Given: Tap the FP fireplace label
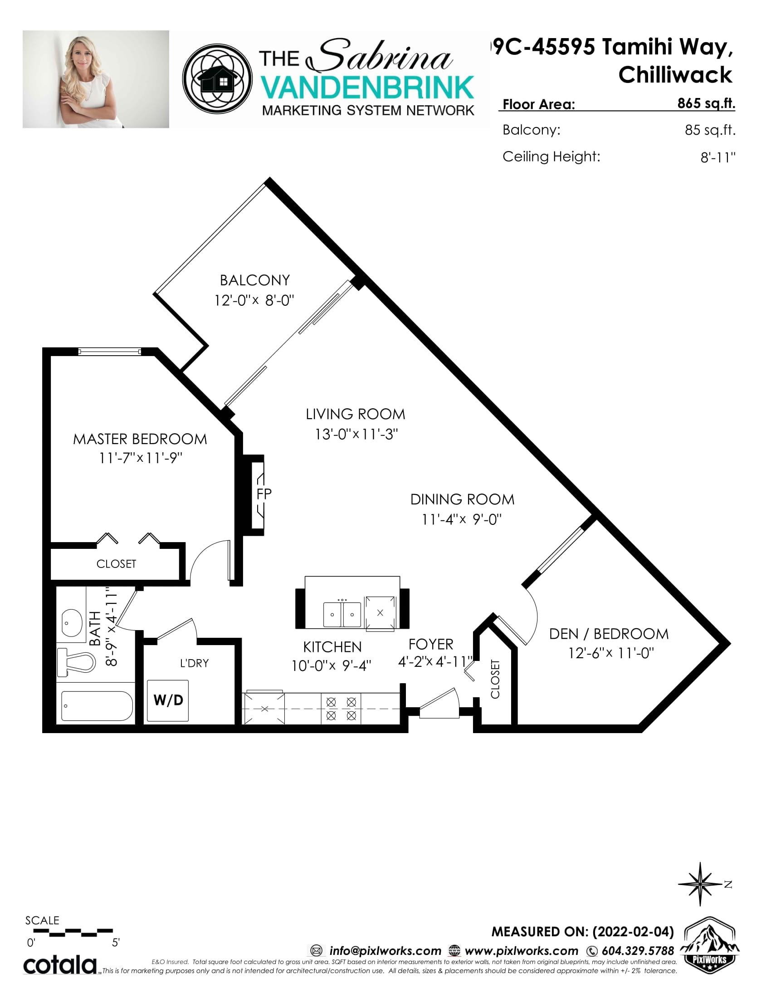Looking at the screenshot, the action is click(264, 494).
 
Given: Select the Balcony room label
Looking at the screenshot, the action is click(255, 279).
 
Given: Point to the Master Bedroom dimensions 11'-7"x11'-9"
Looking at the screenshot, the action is click(141, 458).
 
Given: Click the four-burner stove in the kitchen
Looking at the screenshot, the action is click(341, 709).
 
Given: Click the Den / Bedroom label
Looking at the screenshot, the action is click(609, 634).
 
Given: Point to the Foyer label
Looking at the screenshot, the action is click(431, 644).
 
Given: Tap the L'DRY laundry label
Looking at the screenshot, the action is click(194, 663).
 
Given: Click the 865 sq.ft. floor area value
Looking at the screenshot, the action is click(707, 104).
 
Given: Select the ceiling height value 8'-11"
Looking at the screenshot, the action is click(718, 157).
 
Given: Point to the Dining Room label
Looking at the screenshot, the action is click(462, 499).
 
